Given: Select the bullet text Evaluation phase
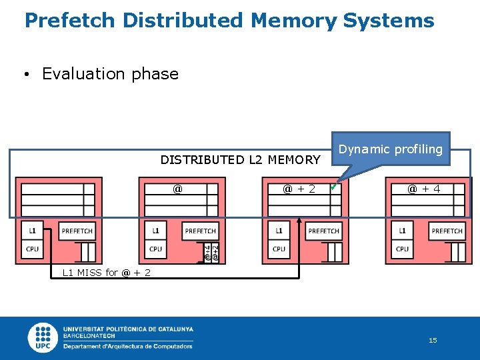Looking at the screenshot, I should [x=110, y=74].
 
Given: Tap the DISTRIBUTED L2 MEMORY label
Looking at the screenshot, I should [x=240, y=159].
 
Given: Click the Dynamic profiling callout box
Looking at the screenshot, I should [x=390, y=149].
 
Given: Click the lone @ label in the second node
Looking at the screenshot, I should [x=177, y=189].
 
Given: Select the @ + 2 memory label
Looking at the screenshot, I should [x=299, y=189].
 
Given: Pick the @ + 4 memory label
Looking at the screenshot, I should [x=423, y=189].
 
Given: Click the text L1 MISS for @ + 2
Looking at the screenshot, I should [x=106, y=273].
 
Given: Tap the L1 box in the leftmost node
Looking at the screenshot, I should [x=32, y=231].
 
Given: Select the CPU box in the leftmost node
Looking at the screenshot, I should [x=32, y=249].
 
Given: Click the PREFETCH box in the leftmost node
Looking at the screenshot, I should [x=77, y=231].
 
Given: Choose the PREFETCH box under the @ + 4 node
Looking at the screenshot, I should [x=447, y=231].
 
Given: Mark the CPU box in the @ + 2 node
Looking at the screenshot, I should [x=279, y=249].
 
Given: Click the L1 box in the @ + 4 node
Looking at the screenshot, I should [x=402, y=231].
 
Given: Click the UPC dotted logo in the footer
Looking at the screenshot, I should [x=44, y=337].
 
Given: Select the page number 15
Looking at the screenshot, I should [x=433, y=341].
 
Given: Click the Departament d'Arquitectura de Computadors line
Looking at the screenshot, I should [x=127, y=347].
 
